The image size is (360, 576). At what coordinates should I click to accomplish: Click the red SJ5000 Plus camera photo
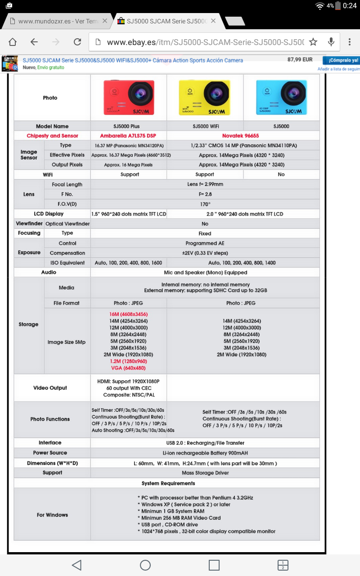tap(129, 97)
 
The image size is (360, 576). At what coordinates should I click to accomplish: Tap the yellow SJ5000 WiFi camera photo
tap(205, 97)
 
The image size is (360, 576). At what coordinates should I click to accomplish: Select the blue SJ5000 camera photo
tap(281, 97)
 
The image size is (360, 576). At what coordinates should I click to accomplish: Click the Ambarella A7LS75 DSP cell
tap(128, 135)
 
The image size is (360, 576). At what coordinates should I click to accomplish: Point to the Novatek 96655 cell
tap(241, 135)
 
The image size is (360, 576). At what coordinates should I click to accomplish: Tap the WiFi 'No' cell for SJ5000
tap(281, 174)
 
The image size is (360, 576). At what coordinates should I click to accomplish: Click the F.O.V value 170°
tap(205, 204)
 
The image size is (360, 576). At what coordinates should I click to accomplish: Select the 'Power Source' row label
tap(50, 453)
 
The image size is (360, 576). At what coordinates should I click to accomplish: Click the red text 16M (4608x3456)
tap(128, 314)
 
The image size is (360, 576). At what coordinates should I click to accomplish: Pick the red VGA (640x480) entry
tap(128, 368)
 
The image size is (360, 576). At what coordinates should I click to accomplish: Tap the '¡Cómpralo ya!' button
tap(343, 60)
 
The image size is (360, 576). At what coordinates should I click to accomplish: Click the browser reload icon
tap(77, 42)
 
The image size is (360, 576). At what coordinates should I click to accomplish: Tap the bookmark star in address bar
tap(313, 42)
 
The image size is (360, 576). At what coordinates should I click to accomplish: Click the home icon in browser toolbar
tap(13, 42)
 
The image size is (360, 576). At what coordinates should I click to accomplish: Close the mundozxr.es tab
tap(105, 21)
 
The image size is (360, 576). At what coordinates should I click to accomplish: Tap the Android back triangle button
tap(76, 565)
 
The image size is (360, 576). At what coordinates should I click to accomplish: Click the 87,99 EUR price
tap(300, 60)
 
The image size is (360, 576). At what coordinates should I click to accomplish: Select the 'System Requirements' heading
tap(168, 483)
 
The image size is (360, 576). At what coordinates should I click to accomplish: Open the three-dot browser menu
tap(350, 42)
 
